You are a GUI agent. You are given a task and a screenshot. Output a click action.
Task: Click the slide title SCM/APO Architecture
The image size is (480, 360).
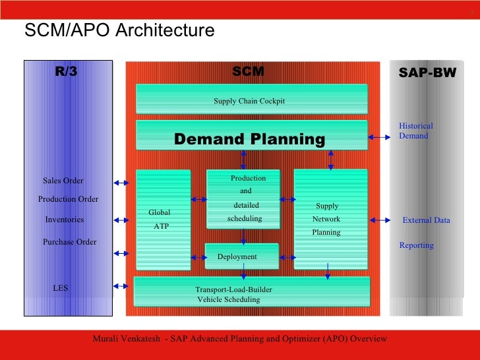119,31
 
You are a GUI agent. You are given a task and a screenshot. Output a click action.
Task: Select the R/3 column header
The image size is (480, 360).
66,73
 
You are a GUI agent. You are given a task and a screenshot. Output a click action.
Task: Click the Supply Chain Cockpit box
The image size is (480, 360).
251,100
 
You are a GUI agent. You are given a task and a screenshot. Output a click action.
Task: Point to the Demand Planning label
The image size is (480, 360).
249,139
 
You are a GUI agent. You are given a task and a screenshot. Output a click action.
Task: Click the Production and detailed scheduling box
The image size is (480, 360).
243,198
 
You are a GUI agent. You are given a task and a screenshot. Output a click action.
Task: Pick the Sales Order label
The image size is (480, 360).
63,181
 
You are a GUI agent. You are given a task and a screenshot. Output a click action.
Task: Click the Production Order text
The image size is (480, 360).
68,199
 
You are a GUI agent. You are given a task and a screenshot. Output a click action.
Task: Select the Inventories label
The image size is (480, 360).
65,220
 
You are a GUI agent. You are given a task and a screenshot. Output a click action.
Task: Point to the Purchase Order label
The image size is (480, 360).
69,242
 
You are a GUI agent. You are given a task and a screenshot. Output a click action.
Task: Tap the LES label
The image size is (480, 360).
61,288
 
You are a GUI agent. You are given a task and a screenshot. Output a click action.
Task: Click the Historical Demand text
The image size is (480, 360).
416,131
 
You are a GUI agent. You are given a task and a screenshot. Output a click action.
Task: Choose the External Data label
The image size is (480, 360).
426,220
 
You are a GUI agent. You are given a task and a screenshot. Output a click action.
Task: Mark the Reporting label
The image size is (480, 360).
416,245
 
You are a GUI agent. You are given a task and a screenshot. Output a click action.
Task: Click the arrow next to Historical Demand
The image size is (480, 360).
379,137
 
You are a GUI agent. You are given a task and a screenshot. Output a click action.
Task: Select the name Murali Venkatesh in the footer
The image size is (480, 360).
128,339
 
